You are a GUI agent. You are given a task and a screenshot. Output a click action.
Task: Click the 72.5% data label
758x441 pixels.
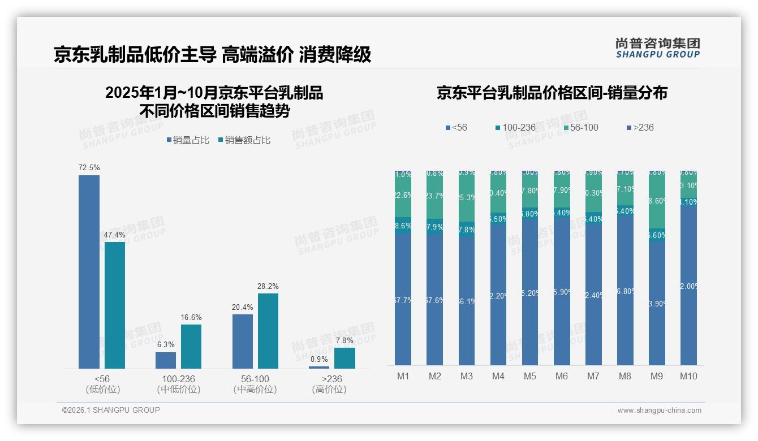89,167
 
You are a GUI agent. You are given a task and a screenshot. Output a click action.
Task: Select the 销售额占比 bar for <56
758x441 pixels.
115,305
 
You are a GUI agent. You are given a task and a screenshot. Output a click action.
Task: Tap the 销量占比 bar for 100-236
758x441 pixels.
166,360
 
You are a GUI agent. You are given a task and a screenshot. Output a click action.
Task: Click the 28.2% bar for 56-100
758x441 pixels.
268,331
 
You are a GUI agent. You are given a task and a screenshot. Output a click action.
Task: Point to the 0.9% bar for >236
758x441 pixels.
319,367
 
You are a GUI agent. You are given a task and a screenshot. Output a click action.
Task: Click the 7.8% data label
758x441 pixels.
344,340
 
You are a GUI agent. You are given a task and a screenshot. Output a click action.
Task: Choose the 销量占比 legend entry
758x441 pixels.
188,140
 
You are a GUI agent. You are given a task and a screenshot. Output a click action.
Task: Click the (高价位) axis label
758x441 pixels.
329,390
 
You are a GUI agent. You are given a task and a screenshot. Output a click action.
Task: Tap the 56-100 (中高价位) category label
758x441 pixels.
255,384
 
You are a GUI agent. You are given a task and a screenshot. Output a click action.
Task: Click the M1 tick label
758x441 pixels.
403,377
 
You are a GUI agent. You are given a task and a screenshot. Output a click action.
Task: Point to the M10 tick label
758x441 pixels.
688,377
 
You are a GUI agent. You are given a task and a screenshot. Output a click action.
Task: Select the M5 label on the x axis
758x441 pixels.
529,377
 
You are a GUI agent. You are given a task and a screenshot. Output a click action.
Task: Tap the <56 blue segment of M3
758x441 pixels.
467,301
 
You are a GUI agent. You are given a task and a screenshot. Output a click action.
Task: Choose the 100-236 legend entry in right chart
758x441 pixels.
515,127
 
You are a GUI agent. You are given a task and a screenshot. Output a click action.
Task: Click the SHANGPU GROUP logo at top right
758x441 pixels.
657,47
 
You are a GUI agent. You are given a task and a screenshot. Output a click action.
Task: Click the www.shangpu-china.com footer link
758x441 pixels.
659,410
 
